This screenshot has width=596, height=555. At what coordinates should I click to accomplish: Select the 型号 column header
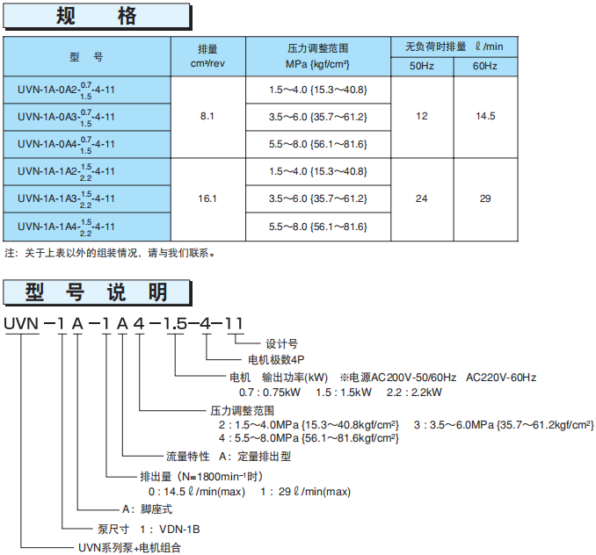[87, 56]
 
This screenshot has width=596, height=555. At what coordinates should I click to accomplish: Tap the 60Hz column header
[485, 67]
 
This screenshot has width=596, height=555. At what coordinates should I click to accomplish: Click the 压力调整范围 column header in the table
[317, 56]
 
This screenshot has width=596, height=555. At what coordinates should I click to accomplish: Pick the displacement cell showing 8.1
[207, 116]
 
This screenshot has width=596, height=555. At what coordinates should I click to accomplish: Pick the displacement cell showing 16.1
[207, 198]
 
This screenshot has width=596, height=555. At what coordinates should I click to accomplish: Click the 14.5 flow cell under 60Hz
[485, 116]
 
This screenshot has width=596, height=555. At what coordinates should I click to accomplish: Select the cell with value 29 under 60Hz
[485, 198]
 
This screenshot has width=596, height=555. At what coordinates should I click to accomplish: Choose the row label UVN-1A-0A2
[66, 90]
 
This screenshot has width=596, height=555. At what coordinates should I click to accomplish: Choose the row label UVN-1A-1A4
[66, 227]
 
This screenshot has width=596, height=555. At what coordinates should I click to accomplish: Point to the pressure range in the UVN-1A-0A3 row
[317, 117]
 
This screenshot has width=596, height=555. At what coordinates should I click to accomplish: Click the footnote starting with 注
[110, 254]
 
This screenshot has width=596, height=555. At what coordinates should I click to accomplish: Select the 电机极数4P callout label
[274, 359]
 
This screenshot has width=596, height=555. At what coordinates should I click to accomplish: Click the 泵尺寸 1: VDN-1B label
[148, 529]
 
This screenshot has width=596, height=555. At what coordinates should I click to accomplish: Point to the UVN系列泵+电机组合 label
[135, 546]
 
